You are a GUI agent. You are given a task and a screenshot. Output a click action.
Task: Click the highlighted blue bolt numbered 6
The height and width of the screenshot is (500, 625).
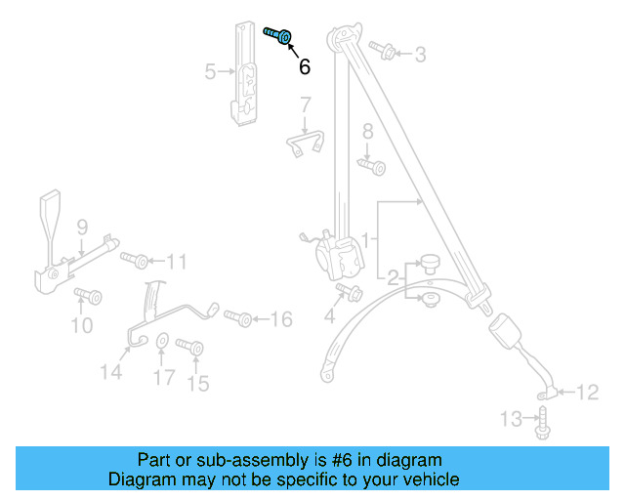[x=279, y=36]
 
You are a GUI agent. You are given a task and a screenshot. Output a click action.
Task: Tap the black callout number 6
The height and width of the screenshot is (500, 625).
[x=305, y=66]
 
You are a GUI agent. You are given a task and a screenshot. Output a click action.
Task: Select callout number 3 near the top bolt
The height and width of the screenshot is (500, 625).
[x=420, y=55]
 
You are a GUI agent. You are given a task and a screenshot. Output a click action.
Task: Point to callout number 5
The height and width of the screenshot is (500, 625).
[x=210, y=71]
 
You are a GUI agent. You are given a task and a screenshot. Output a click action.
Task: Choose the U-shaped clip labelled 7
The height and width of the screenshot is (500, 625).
[x=306, y=142]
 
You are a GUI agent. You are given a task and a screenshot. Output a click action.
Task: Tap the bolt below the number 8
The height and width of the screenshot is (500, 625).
[x=371, y=168]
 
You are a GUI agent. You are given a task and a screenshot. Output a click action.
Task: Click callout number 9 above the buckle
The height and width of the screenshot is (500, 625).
[x=83, y=227]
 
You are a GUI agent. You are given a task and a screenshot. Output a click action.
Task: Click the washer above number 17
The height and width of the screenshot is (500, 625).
[x=163, y=341]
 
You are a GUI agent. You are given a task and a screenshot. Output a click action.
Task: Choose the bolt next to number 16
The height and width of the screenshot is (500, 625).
[x=238, y=318]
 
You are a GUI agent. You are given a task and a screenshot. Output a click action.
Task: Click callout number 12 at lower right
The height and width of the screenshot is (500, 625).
[x=586, y=393]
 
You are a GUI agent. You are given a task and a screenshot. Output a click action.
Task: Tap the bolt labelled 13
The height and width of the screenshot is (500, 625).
[x=543, y=423]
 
